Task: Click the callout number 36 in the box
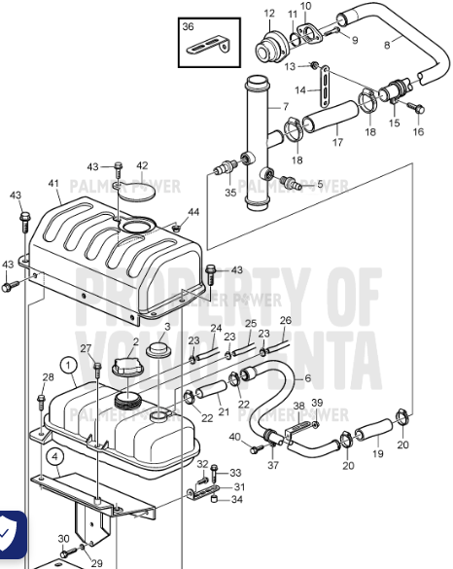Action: [x=189, y=27]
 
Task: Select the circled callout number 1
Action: [x=68, y=367]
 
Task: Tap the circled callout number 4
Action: [x=55, y=455]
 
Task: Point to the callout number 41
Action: [x=52, y=183]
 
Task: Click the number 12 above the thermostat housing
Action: [x=269, y=13]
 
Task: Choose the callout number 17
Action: [x=337, y=142]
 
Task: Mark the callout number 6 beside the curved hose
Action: [x=308, y=378]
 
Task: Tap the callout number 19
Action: [x=377, y=454]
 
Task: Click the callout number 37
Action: [x=272, y=465]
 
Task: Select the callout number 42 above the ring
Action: [x=142, y=166]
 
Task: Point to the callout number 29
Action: [x=96, y=563]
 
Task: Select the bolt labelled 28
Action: [x=42, y=400]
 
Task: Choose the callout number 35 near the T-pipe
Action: [x=230, y=193]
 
